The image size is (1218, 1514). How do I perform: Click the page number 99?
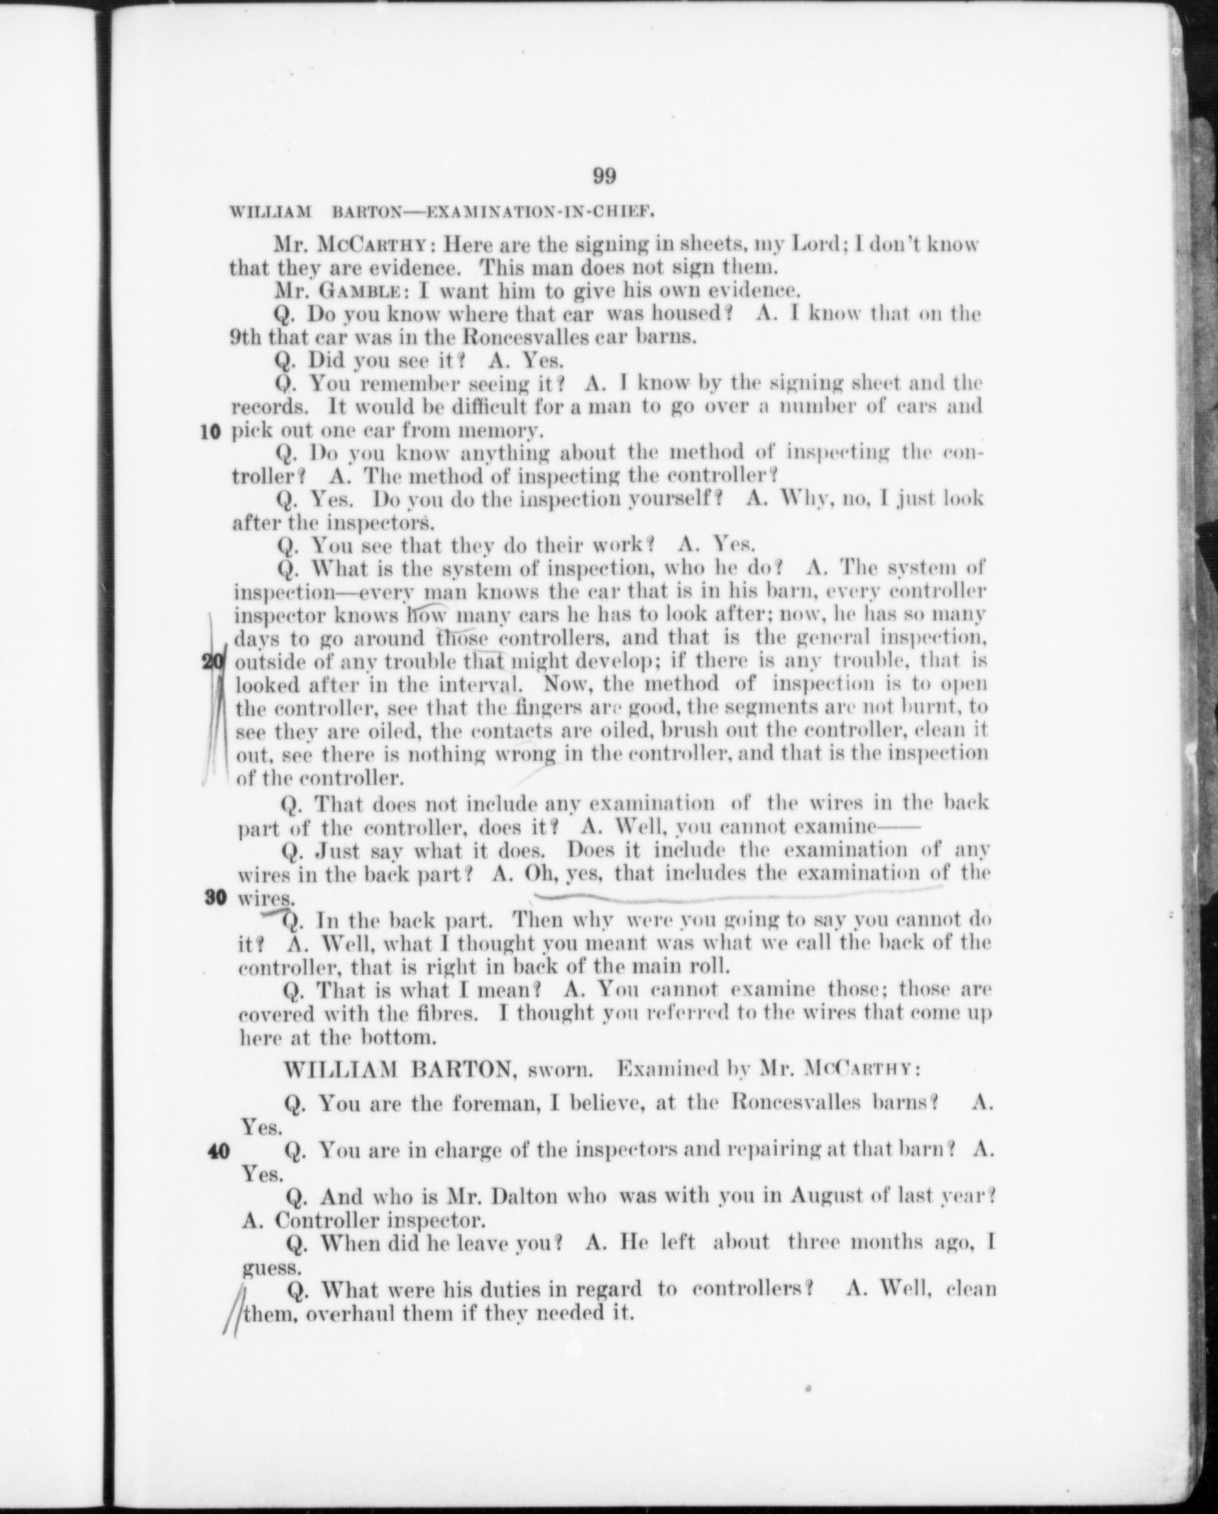point(604,176)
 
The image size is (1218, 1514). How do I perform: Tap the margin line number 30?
point(215,898)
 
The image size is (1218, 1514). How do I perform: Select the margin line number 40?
point(219,1152)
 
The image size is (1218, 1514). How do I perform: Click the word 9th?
point(245,337)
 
